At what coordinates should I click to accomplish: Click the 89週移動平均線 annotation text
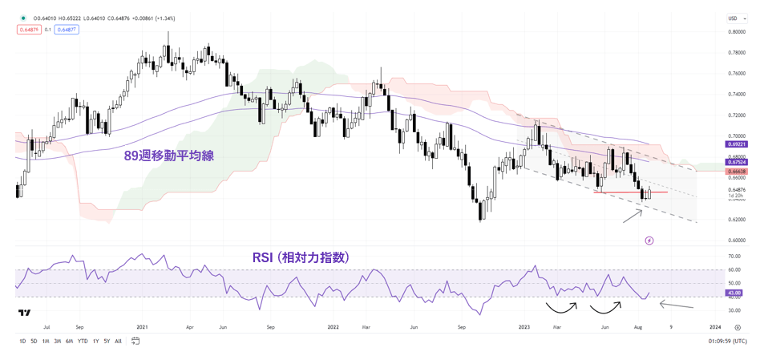pyautogui.click(x=168, y=156)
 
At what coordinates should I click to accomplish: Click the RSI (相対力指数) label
pyautogui.click(x=301, y=257)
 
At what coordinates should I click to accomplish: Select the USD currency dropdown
pyautogui.click(x=733, y=18)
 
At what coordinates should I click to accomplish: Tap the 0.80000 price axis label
pyautogui.click(x=736, y=32)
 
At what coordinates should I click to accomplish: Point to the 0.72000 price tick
pyautogui.click(x=736, y=115)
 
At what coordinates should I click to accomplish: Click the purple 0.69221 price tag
pyautogui.click(x=737, y=144)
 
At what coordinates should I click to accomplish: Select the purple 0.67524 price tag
pyautogui.click(x=737, y=161)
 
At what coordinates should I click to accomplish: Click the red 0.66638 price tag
pyautogui.click(x=737, y=172)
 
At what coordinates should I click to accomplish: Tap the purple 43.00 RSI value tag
pyautogui.click(x=734, y=293)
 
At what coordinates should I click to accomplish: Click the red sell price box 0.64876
pyautogui.click(x=26, y=30)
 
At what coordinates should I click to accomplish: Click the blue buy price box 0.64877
pyautogui.click(x=67, y=30)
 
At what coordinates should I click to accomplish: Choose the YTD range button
pyautogui.click(x=83, y=342)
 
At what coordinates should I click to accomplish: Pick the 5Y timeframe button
pyautogui.click(x=107, y=342)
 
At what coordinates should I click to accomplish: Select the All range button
pyautogui.click(x=119, y=342)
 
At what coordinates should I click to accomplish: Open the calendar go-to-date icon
pyautogui.click(x=135, y=342)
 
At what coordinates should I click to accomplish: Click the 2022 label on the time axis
pyautogui.click(x=333, y=327)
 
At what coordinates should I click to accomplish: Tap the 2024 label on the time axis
pyautogui.click(x=715, y=327)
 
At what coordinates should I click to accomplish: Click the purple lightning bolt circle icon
pyautogui.click(x=649, y=241)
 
